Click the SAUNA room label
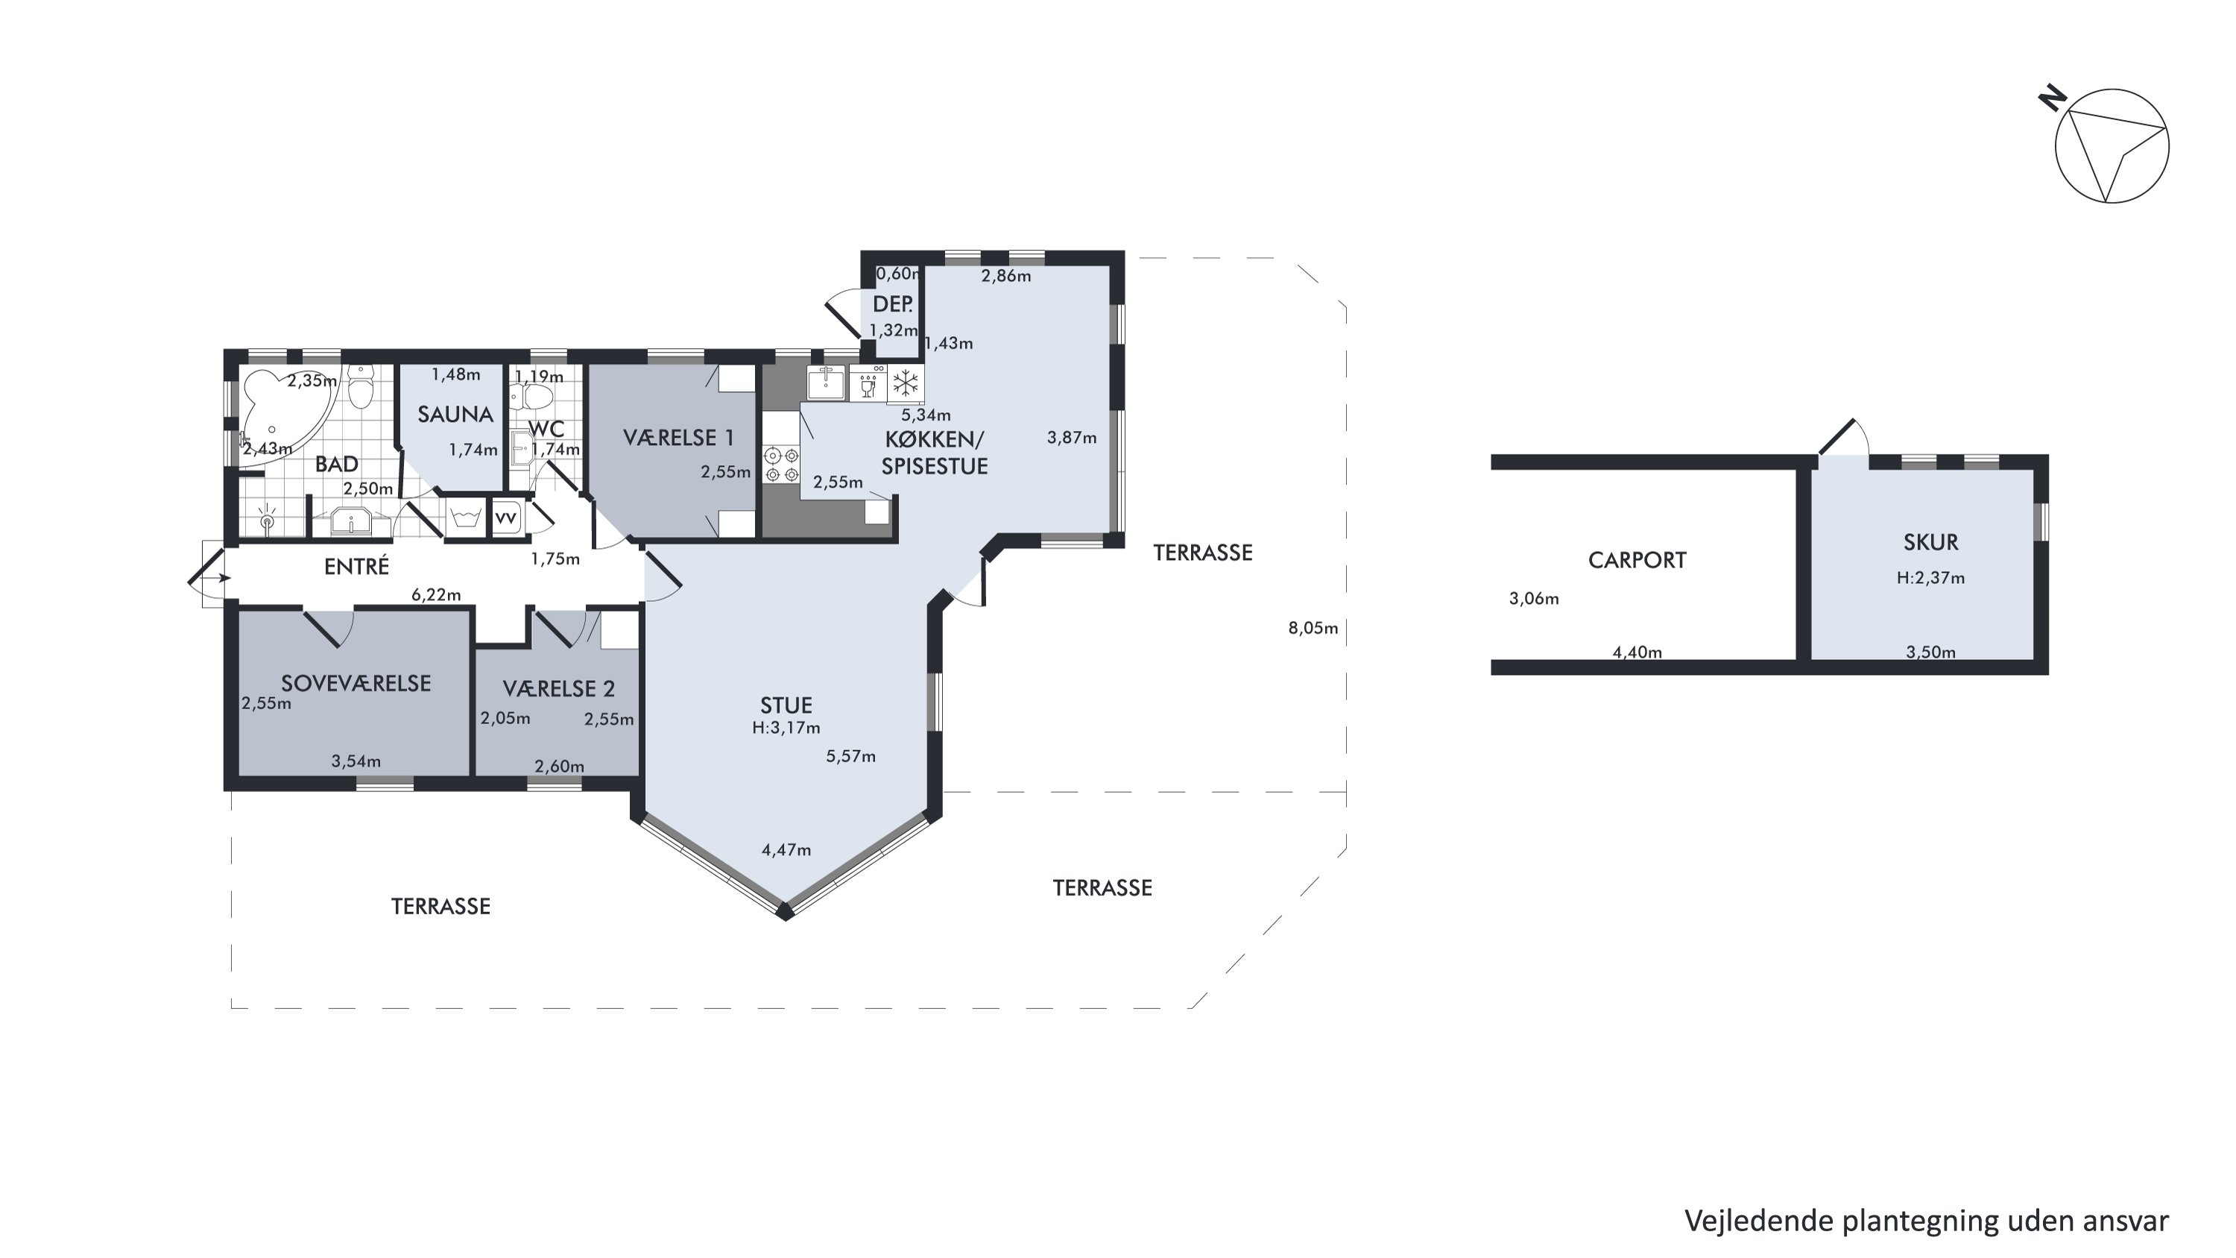pos(455,414)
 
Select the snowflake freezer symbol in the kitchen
pos(906,383)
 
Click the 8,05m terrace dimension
pos(1313,628)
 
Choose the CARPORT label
pos(1637,560)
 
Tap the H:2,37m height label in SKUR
pos(1930,577)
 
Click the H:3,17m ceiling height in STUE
pos(786,728)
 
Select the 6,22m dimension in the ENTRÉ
pos(436,595)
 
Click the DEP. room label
pos(892,304)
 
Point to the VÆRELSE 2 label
pos(559,688)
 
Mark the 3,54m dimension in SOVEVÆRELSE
pos(356,761)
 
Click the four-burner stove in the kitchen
pos(780,464)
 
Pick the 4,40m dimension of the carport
pos(1637,652)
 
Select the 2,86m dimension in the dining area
pos(1006,276)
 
